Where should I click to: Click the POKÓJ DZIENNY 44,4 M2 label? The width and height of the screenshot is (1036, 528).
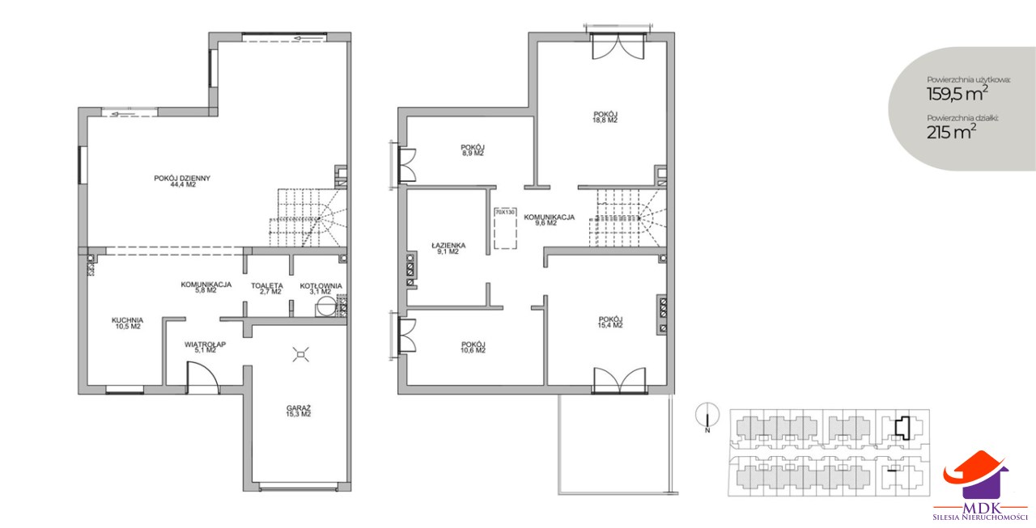tap(182, 181)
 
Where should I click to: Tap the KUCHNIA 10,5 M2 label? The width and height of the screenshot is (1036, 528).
tap(128, 323)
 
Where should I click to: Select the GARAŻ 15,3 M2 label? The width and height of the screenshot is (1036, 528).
tap(299, 411)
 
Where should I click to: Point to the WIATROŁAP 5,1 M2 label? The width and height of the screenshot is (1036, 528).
tap(205, 347)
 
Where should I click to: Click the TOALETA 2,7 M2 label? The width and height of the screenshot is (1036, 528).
tap(267, 289)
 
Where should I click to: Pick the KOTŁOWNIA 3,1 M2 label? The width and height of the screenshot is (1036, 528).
tap(321, 289)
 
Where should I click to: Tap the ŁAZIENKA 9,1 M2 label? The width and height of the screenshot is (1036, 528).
tap(448, 248)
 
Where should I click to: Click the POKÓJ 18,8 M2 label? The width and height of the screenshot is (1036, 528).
tap(605, 117)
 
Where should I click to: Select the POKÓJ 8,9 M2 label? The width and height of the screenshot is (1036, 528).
tap(473, 150)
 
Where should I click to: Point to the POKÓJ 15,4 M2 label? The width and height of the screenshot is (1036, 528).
tap(610, 322)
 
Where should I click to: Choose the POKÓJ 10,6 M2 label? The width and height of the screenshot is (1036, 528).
tap(473, 348)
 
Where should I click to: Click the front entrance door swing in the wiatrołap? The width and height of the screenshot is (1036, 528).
tap(202, 378)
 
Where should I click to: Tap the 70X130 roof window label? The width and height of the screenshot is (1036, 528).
tap(504, 212)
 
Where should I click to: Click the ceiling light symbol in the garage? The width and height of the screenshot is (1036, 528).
tap(300, 355)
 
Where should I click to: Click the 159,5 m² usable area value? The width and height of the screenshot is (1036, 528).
tap(957, 94)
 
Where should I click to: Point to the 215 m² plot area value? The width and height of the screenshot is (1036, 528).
tap(951, 133)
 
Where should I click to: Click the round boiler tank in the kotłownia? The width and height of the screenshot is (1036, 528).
tap(325, 306)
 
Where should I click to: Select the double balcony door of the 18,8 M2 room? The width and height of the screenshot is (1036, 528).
tap(618, 46)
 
